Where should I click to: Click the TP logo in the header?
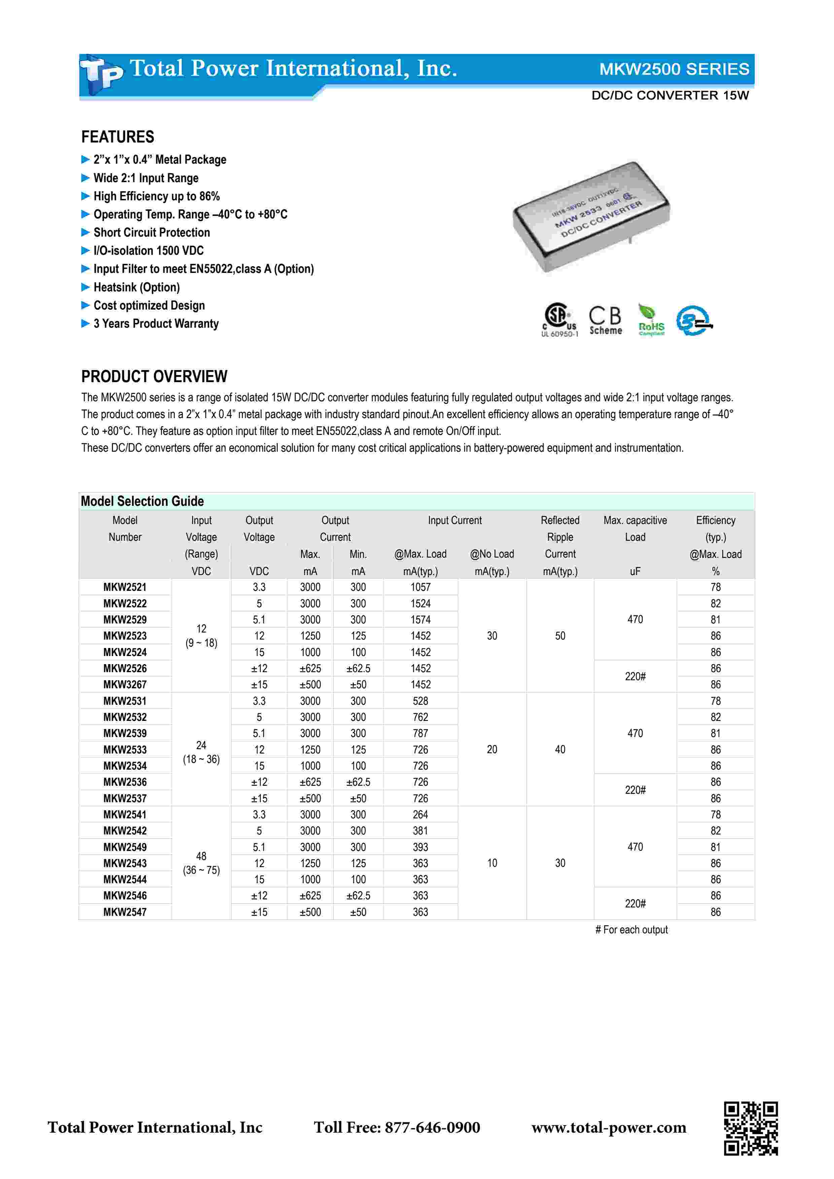(101, 75)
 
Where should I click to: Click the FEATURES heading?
(118, 137)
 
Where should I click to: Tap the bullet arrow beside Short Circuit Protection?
(85, 233)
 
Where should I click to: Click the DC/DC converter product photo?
(591, 216)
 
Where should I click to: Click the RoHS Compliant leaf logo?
(651, 319)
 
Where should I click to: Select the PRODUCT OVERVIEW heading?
(154, 376)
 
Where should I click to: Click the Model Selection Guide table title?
(142, 501)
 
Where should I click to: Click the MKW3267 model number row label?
(125, 685)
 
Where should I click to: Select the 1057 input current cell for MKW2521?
(420, 587)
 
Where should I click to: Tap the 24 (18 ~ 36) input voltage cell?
(201, 752)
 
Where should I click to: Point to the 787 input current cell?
(420, 733)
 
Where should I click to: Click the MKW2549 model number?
(125, 847)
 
